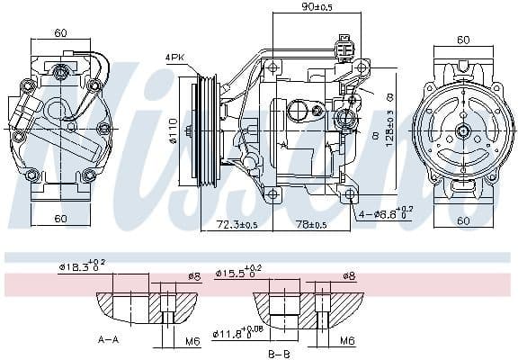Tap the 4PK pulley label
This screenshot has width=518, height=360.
coord(176,58)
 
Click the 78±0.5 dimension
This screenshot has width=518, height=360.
coord(310,223)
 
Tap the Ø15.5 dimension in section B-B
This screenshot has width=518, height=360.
coord(237,270)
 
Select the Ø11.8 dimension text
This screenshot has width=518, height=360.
coord(237,335)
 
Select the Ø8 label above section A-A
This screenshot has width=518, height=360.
coord(194,275)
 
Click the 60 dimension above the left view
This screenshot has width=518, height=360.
coord(60,33)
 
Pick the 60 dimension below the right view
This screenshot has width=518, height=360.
coord(464,220)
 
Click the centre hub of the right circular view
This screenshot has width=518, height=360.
coord(463,130)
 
